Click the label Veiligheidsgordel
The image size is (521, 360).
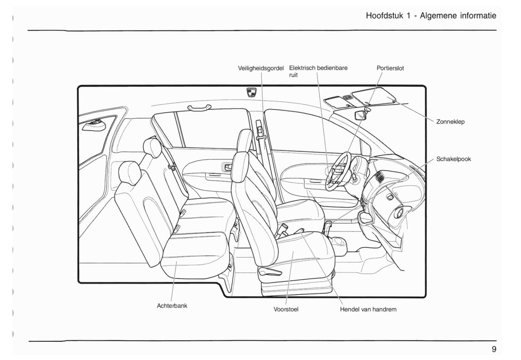pyautogui.click(x=261, y=68)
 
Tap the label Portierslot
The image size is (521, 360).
pyautogui.click(x=390, y=68)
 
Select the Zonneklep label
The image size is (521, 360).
pyautogui.click(x=450, y=122)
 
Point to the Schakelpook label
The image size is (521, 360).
pyautogui.click(x=454, y=159)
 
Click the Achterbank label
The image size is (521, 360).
pyautogui.click(x=172, y=306)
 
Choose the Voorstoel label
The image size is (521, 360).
pyautogui.click(x=286, y=309)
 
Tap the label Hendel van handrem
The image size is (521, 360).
pyautogui.click(x=368, y=309)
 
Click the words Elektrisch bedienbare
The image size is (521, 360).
pyautogui.click(x=318, y=68)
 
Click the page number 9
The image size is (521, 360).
pyautogui.click(x=494, y=349)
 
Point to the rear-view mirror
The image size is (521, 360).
pyautogui.click(x=361, y=115)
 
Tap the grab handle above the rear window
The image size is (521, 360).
pyautogui.click(x=199, y=107)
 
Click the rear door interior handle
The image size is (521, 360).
pyautogui.click(x=228, y=167)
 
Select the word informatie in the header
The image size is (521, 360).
pyautogui.click(x=478, y=16)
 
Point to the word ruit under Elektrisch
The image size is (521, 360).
pyautogui.click(x=293, y=75)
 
